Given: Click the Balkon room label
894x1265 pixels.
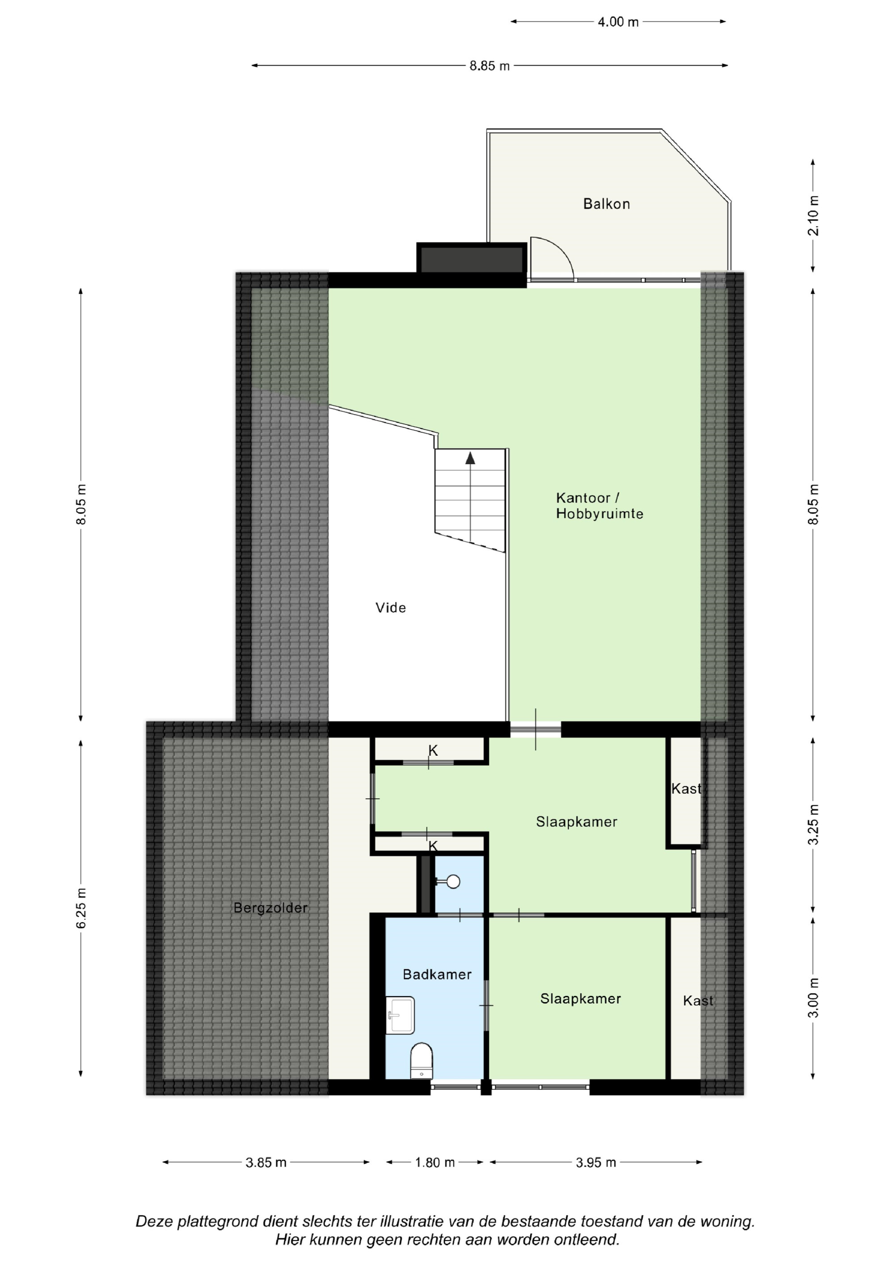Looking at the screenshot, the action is tap(607, 204).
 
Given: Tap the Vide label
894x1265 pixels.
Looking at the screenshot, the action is tap(391, 608).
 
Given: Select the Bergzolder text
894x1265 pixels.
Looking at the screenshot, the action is tap(270, 908).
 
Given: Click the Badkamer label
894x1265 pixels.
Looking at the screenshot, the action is tap(437, 975).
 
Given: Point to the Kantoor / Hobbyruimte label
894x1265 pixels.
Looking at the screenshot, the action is tap(599, 506).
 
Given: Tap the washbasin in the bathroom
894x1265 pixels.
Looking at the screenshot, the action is tap(400, 1015).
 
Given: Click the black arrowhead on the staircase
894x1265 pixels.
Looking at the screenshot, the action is tap(470, 458).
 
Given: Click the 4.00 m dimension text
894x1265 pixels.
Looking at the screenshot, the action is tap(618, 22).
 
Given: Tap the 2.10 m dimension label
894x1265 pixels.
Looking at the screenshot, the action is tap(813, 216).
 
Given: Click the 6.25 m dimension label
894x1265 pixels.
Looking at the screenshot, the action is tap(81, 908).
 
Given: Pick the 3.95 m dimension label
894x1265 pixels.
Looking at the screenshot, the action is tap(596, 1163).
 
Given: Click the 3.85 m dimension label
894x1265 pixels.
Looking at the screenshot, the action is tap(266, 1163).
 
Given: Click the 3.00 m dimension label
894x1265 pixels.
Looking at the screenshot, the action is tap(813, 998).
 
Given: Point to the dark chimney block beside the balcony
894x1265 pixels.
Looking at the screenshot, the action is tap(472, 258).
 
